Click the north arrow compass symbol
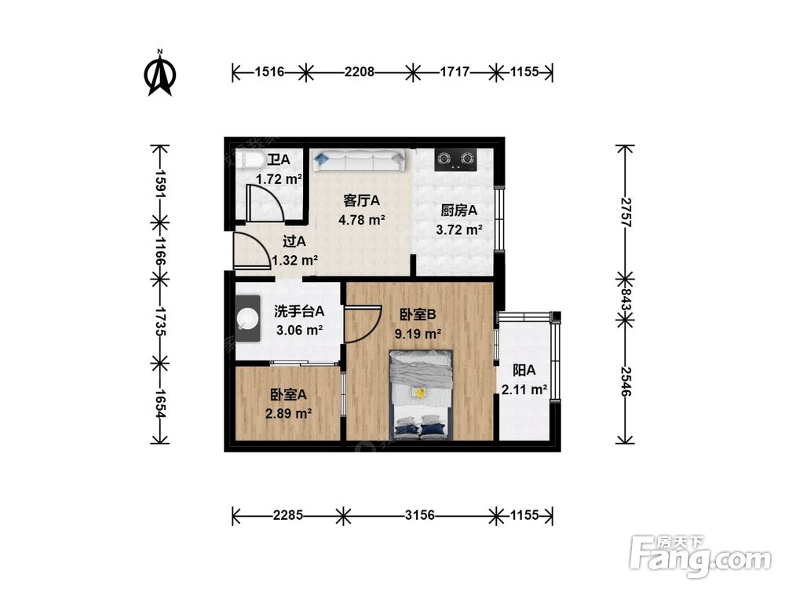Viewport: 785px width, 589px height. [160, 73]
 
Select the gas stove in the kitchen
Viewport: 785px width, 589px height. [456, 159]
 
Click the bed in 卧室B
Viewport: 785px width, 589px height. [422, 394]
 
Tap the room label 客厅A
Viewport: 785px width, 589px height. [361, 200]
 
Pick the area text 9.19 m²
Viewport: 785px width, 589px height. [417, 333]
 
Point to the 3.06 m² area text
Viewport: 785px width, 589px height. [298, 330]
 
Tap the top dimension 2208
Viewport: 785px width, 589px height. [359, 72]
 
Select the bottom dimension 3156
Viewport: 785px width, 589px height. [420, 515]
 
